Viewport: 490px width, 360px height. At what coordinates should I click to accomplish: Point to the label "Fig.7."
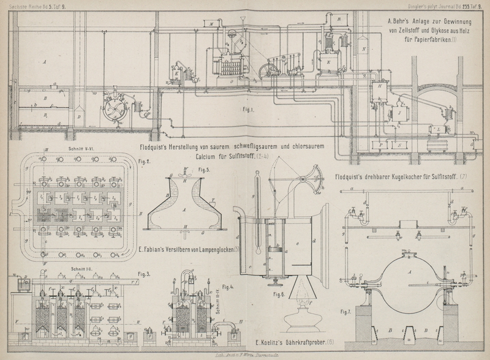point(346,312)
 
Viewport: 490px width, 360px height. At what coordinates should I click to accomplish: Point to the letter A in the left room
point(45,62)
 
